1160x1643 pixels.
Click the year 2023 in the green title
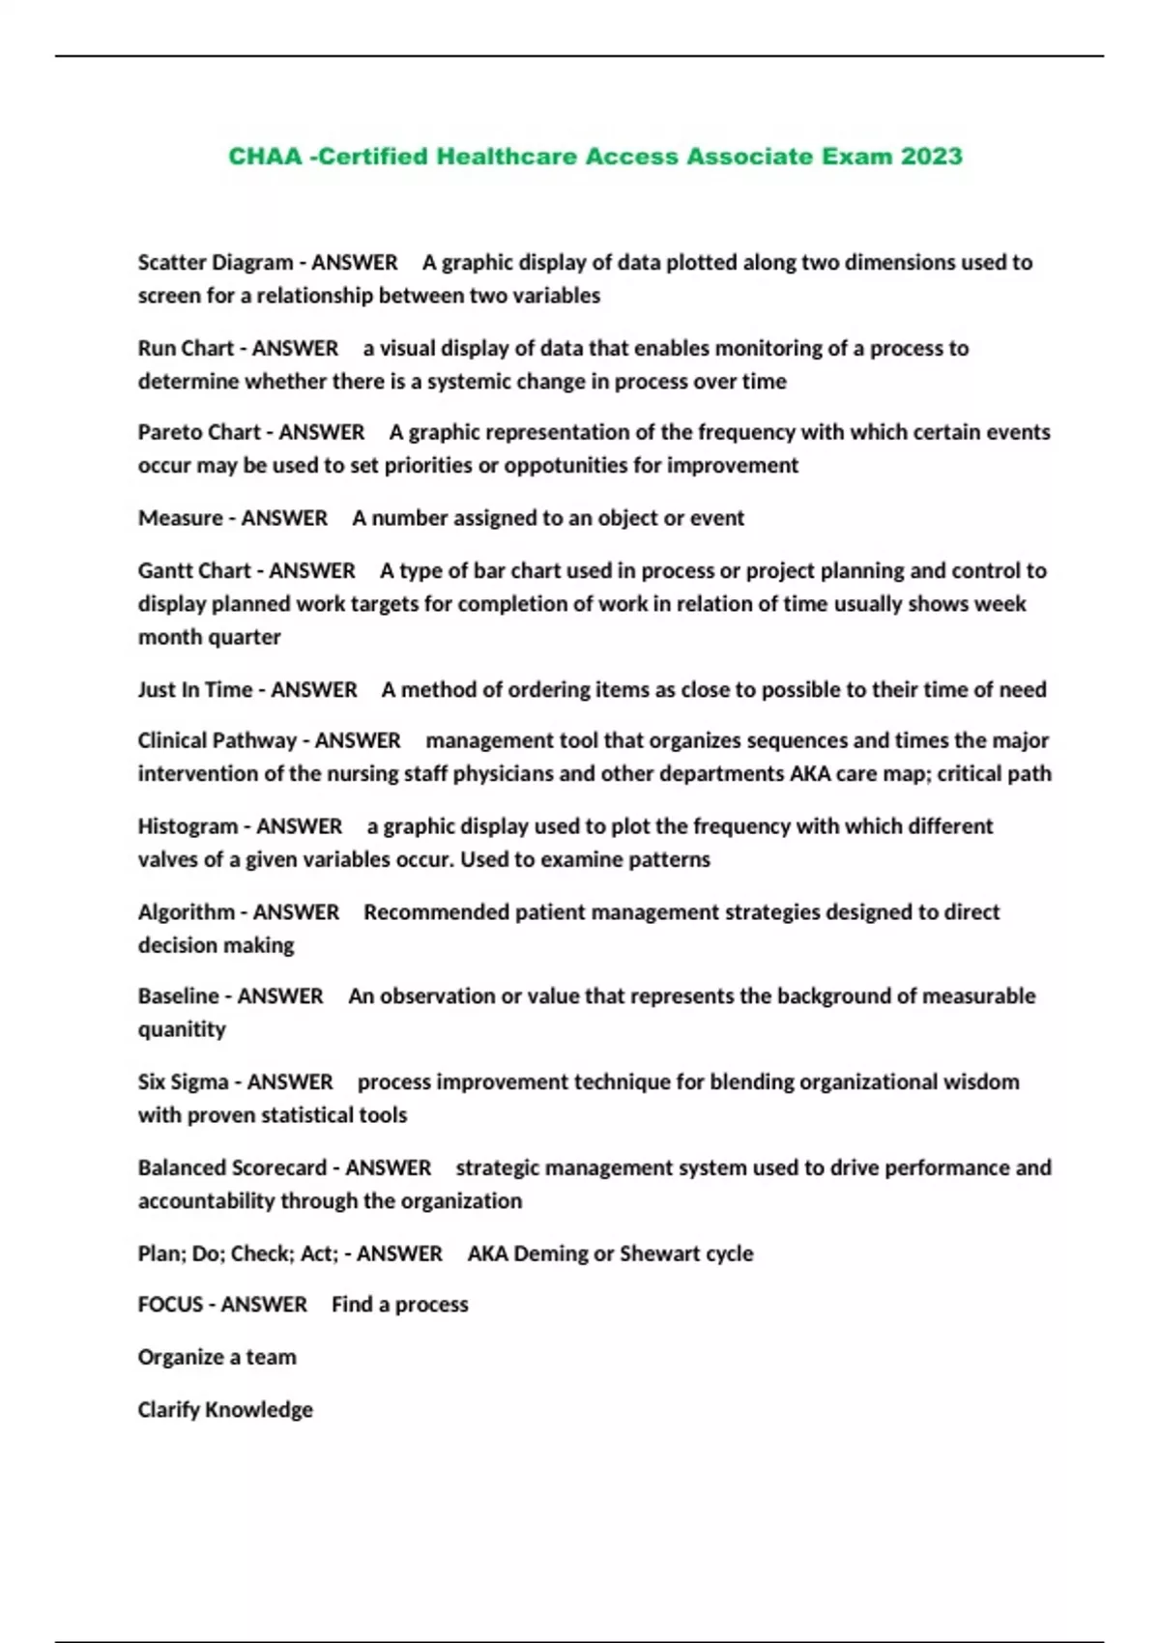[x=931, y=157]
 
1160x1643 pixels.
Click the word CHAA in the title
[x=265, y=157]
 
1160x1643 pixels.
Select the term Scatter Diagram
[x=215, y=263]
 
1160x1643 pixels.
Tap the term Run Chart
[x=185, y=348]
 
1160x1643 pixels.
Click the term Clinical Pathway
[x=217, y=741]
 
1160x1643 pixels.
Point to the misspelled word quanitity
[x=182, y=1030]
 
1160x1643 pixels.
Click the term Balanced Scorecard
[x=232, y=1167]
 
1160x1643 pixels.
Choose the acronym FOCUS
[x=170, y=1305]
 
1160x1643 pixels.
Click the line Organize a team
[x=217, y=1357]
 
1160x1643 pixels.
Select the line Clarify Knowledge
[x=224, y=1410]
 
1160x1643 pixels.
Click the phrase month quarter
[x=209, y=638]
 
